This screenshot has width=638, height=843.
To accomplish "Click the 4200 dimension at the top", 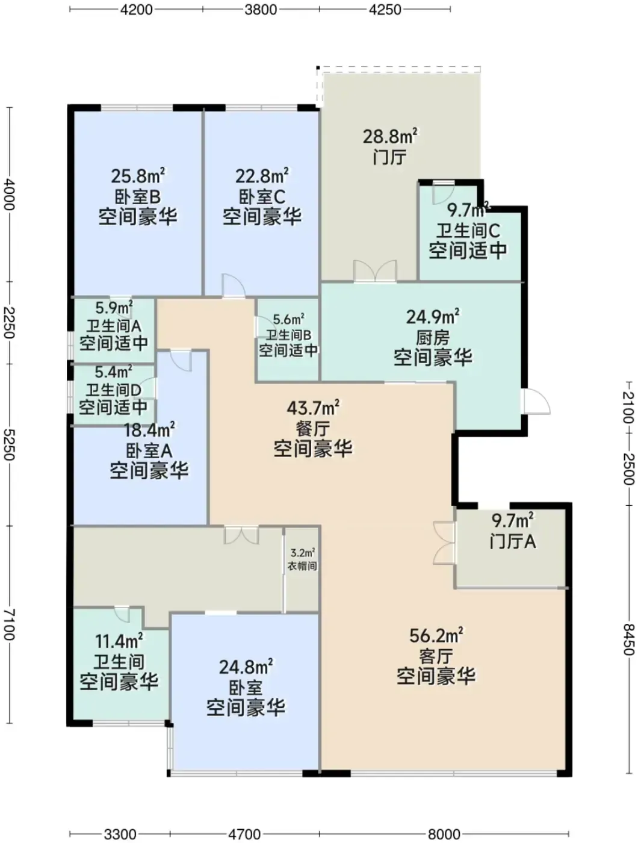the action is (136, 10).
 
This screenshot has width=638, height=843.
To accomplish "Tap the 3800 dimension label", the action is (261, 10).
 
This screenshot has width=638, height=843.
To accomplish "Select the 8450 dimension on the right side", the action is (628, 639).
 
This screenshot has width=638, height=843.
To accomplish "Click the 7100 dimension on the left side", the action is (9, 624).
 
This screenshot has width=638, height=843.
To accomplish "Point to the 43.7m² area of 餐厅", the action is (313, 408).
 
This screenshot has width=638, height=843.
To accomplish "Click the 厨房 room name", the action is (433, 338).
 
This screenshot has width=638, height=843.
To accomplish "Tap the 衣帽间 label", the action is (303, 565).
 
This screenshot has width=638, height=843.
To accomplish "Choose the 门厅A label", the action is (513, 541).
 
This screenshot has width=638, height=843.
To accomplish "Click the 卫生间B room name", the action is (289, 335).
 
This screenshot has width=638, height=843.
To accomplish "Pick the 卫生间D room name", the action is (113, 390).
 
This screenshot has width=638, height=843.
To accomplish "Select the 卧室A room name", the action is (149, 450).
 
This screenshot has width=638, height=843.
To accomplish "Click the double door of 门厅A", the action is (445, 543).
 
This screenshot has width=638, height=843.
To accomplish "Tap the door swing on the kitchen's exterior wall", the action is (536, 402).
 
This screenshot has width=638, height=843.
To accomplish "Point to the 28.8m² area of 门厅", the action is (391, 136).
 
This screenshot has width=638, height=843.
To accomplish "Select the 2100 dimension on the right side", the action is (628, 406).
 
